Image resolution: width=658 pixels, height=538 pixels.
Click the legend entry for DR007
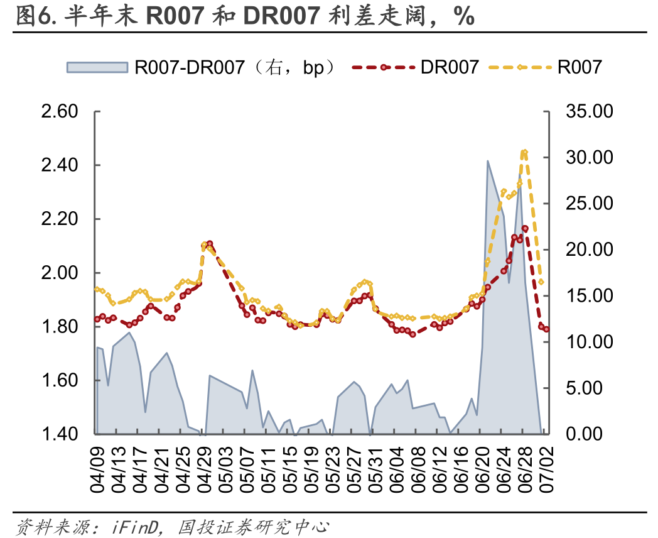point(450,67)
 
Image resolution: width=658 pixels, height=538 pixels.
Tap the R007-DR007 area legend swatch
point(97,67)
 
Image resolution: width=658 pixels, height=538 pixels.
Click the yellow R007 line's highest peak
point(524,151)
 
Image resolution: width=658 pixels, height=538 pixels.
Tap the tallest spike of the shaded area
point(488,162)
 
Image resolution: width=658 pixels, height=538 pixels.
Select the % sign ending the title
point(465,16)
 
